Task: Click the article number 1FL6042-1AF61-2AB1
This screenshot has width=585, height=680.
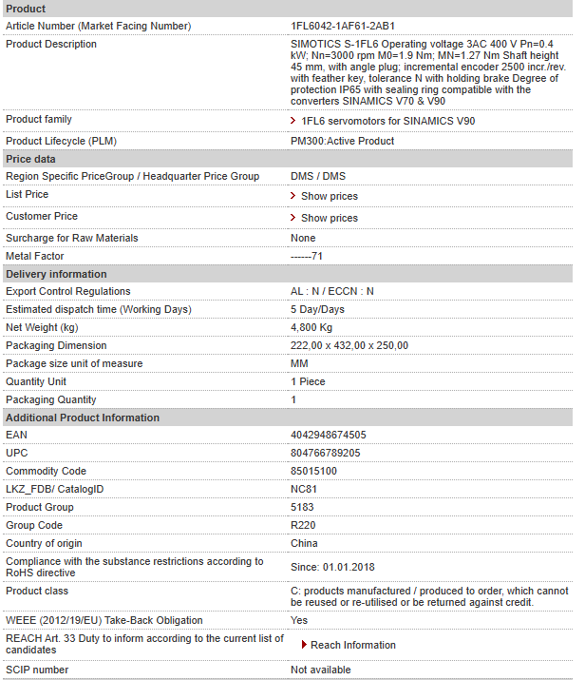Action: [x=343, y=26]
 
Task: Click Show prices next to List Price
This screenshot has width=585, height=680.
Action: [x=329, y=196]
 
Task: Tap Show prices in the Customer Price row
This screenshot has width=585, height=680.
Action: [x=329, y=218]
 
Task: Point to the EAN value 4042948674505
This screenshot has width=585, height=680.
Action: [x=328, y=435]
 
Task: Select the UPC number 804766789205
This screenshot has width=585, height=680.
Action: [x=325, y=453]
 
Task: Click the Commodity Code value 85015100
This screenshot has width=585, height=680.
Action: [x=313, y=471]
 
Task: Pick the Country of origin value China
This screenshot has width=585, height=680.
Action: [x=304, y=543]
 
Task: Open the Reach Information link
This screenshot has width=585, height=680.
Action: [x=352, y=645]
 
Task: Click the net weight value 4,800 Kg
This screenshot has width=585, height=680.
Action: [x=311, y=327]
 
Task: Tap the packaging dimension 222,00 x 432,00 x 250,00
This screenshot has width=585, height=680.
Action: [x=349, y=345]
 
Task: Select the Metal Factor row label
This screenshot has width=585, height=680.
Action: [x=35, y=256]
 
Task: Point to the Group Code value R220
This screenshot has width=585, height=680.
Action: [x=303, y=525]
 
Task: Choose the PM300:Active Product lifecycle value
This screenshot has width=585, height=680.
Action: [x=342, y=141]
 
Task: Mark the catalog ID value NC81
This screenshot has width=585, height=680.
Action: [x=303, y=489]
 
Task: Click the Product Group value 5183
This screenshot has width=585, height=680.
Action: [x=302, y=507]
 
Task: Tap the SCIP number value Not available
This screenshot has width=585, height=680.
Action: [x=320, y=670]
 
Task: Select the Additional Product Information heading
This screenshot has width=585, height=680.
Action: [x=83, y=418]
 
